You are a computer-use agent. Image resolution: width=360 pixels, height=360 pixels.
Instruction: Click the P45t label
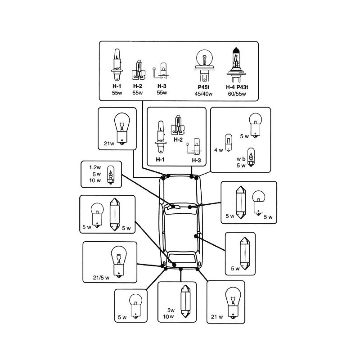[x=203, y=86]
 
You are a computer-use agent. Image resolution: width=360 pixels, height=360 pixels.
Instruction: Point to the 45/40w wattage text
[x=203, y=93]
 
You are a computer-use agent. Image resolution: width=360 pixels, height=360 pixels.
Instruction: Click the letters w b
[x=241, y=158]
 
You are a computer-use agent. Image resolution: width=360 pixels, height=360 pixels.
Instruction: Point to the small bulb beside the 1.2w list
[x=110, y=175]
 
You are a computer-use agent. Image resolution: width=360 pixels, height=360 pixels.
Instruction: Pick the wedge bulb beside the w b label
[x=251, y=157]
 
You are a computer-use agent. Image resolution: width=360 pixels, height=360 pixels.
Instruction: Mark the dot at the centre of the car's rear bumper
[x=180, y=269]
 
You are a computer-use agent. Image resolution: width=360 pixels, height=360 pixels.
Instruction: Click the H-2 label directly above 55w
[x=138, y=86]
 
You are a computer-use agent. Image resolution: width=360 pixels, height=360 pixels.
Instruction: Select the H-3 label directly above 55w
[x=162, y=86]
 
